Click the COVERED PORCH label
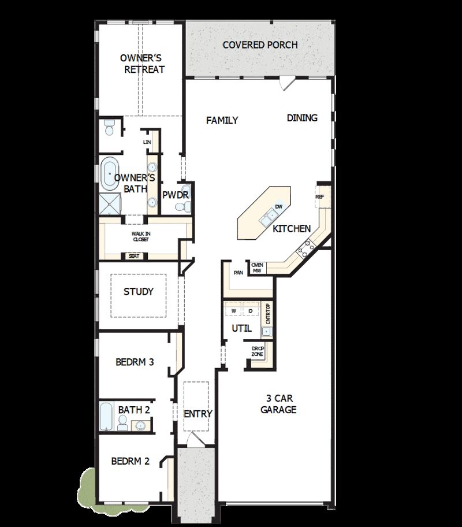260,44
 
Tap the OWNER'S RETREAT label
142,64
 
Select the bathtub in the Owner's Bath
108,173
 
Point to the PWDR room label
175,195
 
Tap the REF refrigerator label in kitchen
320,197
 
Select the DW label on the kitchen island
279,206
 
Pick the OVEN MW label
257,268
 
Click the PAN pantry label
238,272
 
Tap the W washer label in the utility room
234,311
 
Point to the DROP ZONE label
258,351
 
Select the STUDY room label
139,292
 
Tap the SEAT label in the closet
134,256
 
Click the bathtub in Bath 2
107,415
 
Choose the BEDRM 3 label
135,363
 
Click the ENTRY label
198,414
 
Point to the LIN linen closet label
147,142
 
